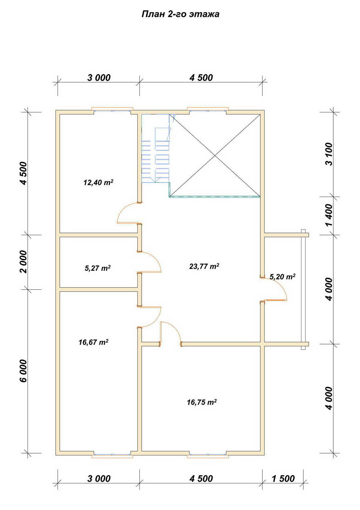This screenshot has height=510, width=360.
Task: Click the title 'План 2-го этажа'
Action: tap(180, 14)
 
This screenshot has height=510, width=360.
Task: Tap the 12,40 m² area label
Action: tap(98, 182)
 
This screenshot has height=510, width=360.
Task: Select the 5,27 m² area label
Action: tap(97, 268)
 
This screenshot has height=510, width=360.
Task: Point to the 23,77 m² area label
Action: tap(204, 266)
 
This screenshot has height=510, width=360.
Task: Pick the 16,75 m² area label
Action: tap(202, 402)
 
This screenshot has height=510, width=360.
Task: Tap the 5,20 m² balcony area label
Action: tap(283, 277)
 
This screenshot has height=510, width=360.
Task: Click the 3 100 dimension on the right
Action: tap(329, 154)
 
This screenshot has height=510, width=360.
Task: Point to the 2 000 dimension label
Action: tap(23, 262)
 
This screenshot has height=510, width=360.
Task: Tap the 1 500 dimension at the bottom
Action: tap(283, 479)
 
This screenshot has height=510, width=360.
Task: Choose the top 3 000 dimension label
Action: tap(99, 78)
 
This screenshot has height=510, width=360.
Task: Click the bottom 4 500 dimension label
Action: tap(201, 479)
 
